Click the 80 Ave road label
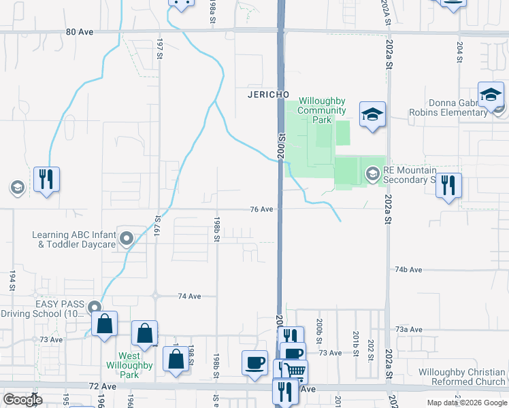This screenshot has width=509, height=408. (x=80, y=32)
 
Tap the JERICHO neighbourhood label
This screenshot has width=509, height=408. (x=269, y=95)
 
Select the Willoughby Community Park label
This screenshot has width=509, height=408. (x=323, y=110)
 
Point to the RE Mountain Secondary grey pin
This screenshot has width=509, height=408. (x=372, y=174)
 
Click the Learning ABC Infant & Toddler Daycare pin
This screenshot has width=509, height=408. (x=126, y=239)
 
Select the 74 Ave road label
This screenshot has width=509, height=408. (x=189, y=296)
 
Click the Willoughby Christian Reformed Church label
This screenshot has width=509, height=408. (x=461, y=377)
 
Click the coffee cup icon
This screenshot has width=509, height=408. (x=255, y=362)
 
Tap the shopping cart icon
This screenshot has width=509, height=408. (x=295, y=371)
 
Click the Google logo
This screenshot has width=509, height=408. (x=22, y=399)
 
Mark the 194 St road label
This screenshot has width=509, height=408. (x=12, y=280)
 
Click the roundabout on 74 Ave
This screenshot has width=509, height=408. (x=155, y=296)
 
